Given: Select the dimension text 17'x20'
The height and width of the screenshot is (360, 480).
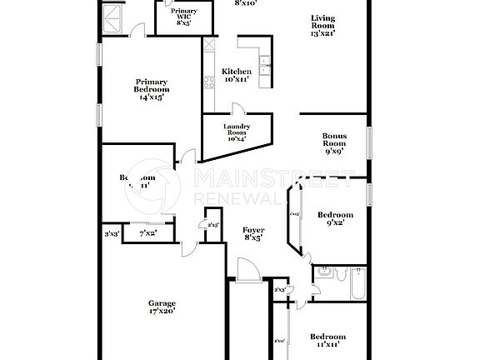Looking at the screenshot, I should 162,312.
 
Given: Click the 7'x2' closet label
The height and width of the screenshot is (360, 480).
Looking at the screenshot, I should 147,234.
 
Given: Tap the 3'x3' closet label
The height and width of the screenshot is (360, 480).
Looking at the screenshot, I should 111,234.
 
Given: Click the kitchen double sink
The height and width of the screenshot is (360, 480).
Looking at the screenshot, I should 266,67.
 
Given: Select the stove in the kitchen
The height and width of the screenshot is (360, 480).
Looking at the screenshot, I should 208,82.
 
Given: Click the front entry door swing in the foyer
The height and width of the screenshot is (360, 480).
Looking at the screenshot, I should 247,270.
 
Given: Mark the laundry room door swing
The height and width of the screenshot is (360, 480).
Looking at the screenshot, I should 237,109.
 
